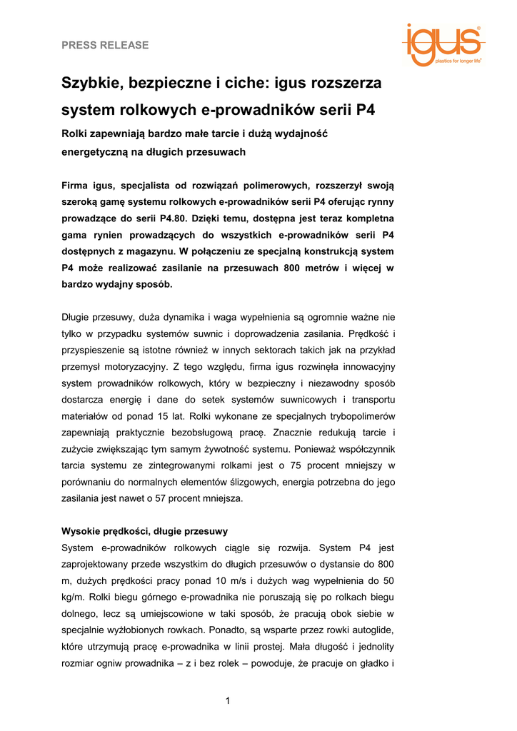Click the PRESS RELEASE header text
tap(105, 45)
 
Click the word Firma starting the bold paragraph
tap(77, 186)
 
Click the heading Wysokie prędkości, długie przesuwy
tap(145, 531)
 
